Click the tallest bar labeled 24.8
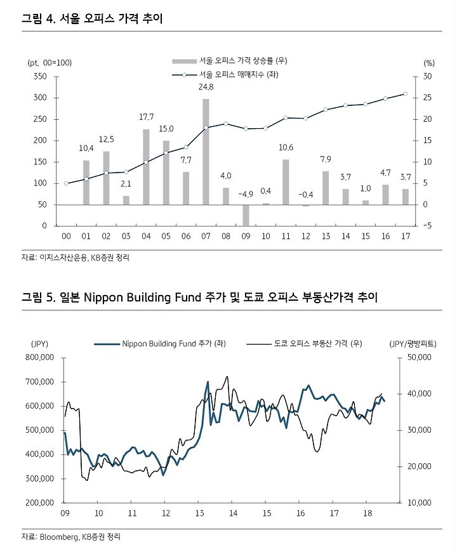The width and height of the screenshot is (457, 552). pyautogui.click(x=206, y=152)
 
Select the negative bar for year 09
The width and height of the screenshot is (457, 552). pyautogui.click(x=246, y=215)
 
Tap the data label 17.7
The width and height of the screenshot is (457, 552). pyautogui.click(x=146, y=117)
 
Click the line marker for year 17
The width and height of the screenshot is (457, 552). pyautogui.click(x=405, y=94)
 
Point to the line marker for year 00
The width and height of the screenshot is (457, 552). pyautogui.click(x=66, y=183)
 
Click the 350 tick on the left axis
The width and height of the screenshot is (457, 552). pyautogui.click(x=40, y=76)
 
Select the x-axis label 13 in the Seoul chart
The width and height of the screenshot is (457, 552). pyautogui.click(x=326, y=236)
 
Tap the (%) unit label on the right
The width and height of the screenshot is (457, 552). pyautogui.click(x=429, y=63)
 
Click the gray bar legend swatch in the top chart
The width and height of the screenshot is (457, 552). pyautogui.click(x=184, y=62)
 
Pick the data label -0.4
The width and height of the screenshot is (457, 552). pyautogui.click(x=305, y=195)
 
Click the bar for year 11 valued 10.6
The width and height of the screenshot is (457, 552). pyautogui.click(x=286, y=182)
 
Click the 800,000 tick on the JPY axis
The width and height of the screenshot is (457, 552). pyautogui.click(x=40, y=357)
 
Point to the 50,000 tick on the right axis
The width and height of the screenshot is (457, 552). pyautogui.click(x=420, y=357)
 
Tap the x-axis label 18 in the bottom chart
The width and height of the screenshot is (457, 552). pyautogui.click(x=368, y=513)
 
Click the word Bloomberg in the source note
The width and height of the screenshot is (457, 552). pyautogui.click(x=59, y=537)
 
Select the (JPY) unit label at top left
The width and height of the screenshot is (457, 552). pyautogui.click(x=39, y=344)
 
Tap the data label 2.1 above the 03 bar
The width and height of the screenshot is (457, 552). pyautogui.click(x=126, y=184)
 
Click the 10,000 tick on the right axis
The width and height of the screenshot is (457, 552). pyautogui.click(x=420, y=503)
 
